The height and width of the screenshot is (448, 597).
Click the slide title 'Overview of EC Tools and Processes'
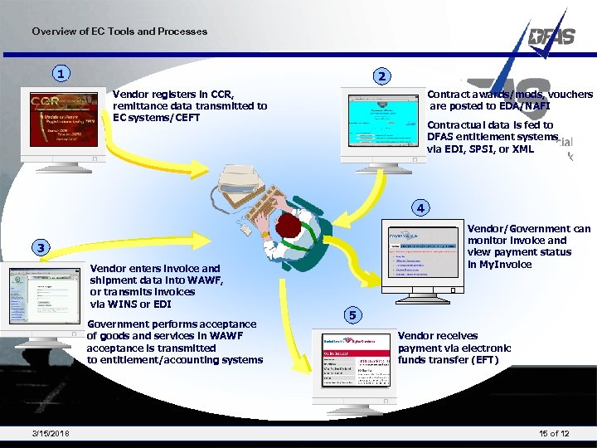(119, 32)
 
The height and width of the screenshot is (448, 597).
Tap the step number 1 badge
(60, 75)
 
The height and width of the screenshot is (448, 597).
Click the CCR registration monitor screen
(57, 120)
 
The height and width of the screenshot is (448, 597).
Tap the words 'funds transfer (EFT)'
(448, 360)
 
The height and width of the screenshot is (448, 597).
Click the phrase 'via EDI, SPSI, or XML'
(480, 149)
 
